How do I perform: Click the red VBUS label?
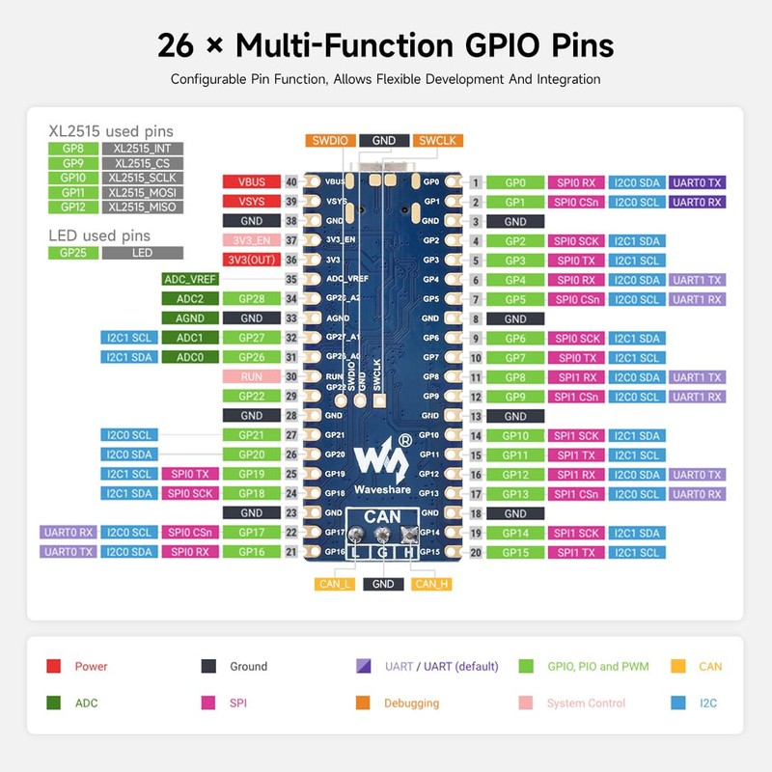[x=251, y=181]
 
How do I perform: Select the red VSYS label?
[x=251, y=201]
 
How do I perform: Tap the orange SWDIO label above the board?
[x=331, y=140]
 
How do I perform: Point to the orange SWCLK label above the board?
[x=436, y=140]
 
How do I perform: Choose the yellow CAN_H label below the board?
[x=431, y=584]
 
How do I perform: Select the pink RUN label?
[x=251, y=376]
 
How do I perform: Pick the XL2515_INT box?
[x=142, y=149]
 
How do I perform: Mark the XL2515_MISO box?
[x=142, y=207]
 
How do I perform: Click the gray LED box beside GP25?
[x=142, y=253]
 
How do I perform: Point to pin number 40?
[x=289, y=181]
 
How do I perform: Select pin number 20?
[x=476, y=552]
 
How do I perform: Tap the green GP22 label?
[x=251, y=396]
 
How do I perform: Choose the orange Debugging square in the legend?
[x=363, y=703]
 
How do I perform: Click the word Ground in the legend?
[x=248, y=667]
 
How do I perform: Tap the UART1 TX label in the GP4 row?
[x=697, y=280]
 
